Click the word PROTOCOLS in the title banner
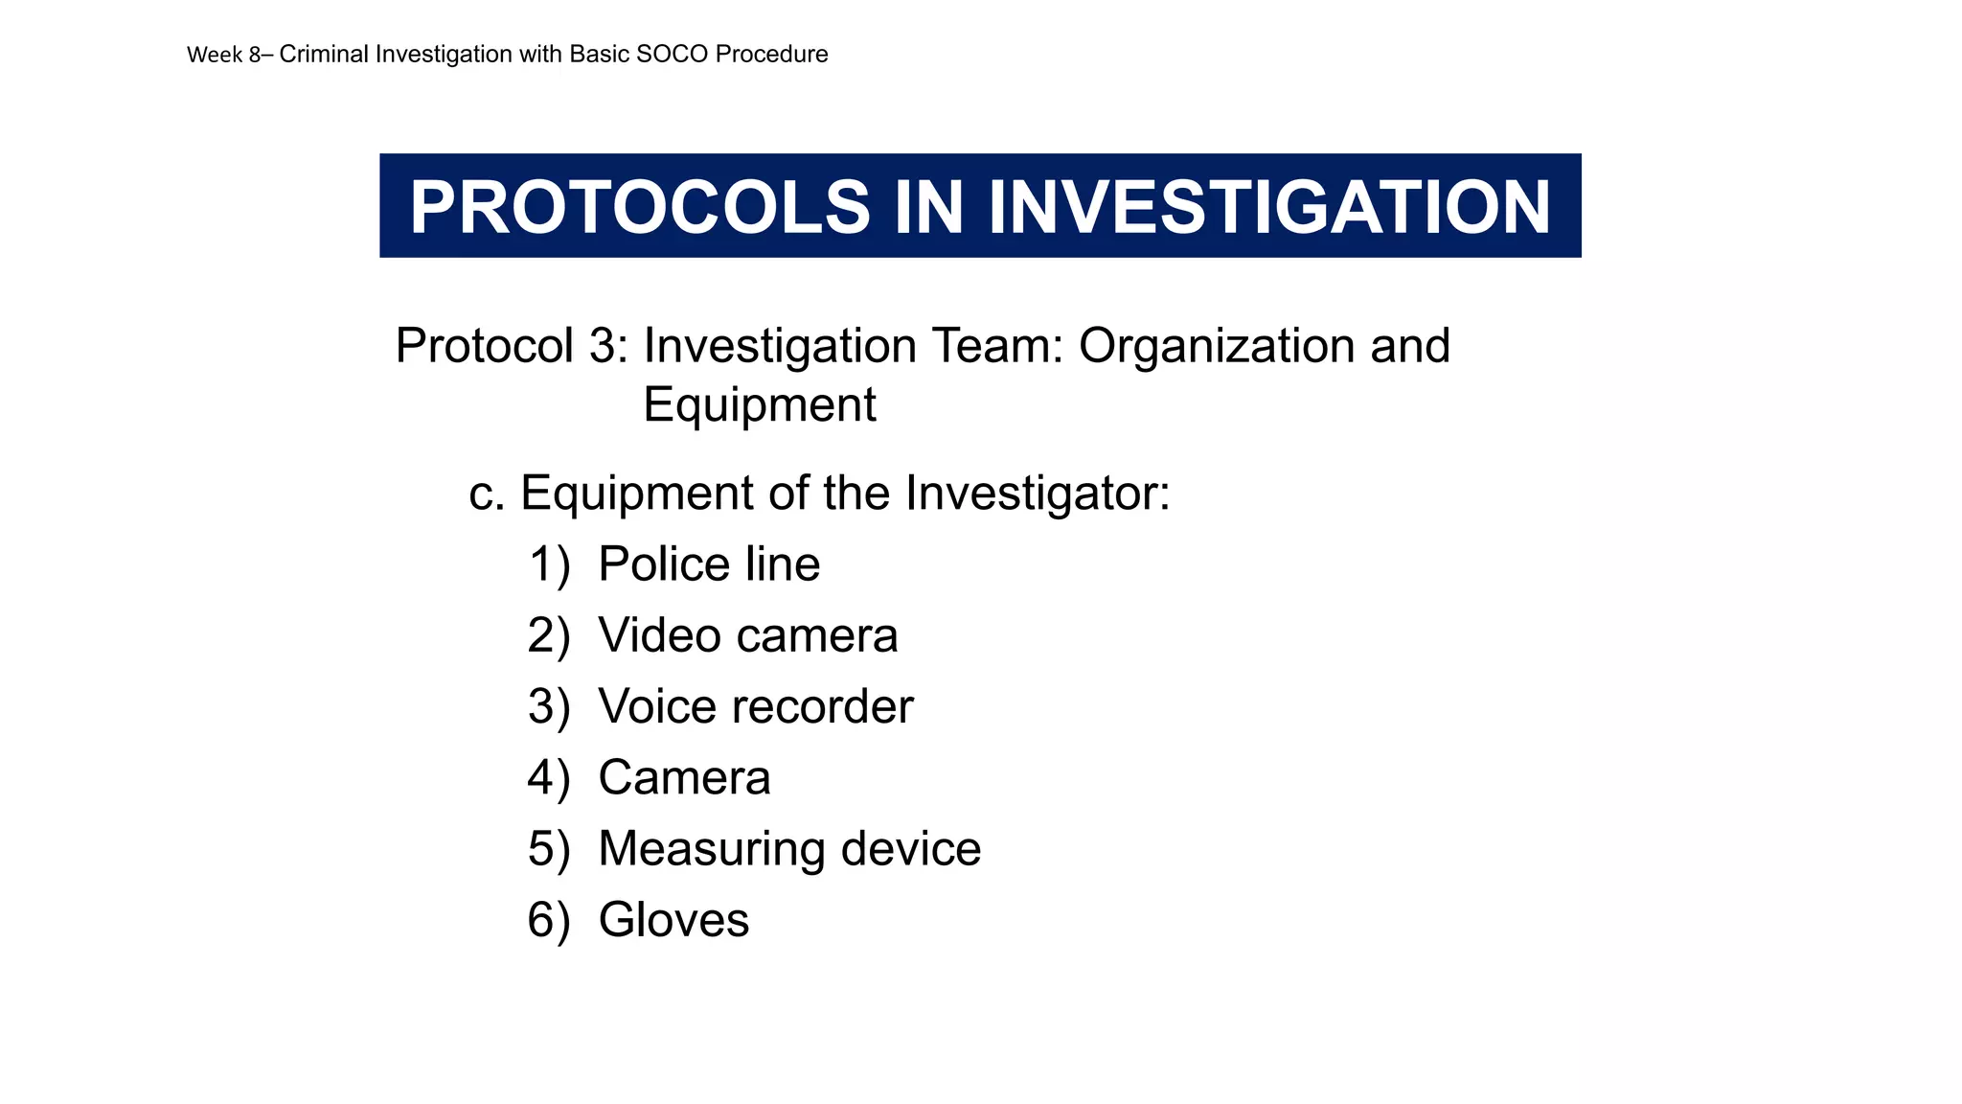point(639,207)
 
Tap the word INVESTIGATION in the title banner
point(1268,207)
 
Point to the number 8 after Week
point(255,55)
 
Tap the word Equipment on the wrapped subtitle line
point(759,404)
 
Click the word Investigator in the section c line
point(1037,494)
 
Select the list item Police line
point(709,564)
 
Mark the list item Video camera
point(747,635)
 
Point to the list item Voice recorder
point(755,707)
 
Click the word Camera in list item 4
point(684,777)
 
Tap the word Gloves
point(673,920)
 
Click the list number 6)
point(548,920)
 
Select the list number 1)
point(549,564)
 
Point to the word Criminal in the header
point(324,55)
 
